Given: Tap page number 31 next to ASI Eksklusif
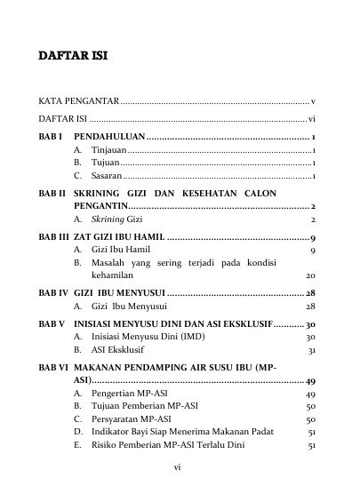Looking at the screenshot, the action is pos(312,351).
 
